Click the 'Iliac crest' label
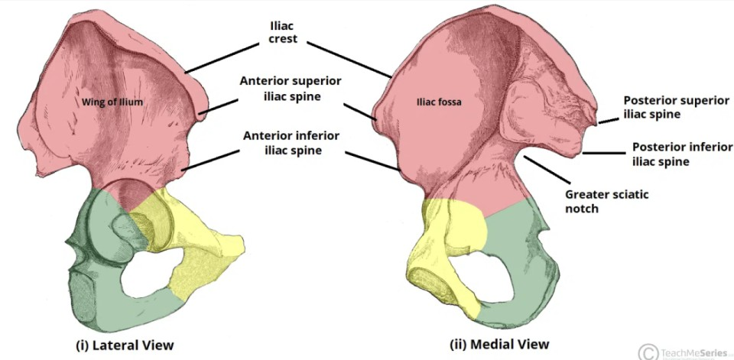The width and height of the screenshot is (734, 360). (283, 31)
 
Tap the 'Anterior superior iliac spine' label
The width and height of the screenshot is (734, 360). (291, 89)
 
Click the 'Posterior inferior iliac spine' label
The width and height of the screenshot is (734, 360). (682, 154)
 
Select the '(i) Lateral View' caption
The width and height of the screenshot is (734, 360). (125, 345)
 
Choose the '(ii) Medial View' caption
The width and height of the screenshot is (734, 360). (499, 344)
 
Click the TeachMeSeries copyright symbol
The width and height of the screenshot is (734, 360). (647, 352)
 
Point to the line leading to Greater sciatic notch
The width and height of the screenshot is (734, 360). (547, 170)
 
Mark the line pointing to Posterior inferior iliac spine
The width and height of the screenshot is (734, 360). (604, 153)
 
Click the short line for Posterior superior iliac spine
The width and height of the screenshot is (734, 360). (608, 122)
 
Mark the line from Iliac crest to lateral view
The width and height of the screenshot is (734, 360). (222, 58)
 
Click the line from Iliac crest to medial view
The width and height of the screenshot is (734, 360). (349, 60)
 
